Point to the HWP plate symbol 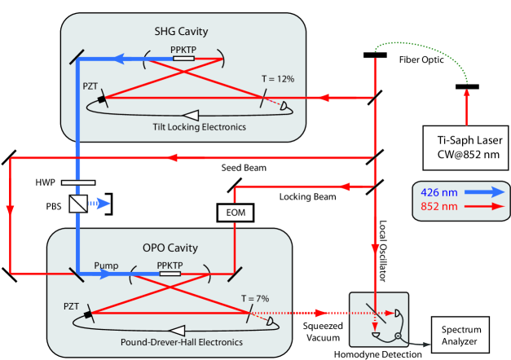click(78, 181)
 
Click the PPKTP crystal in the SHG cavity click(183, 58)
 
